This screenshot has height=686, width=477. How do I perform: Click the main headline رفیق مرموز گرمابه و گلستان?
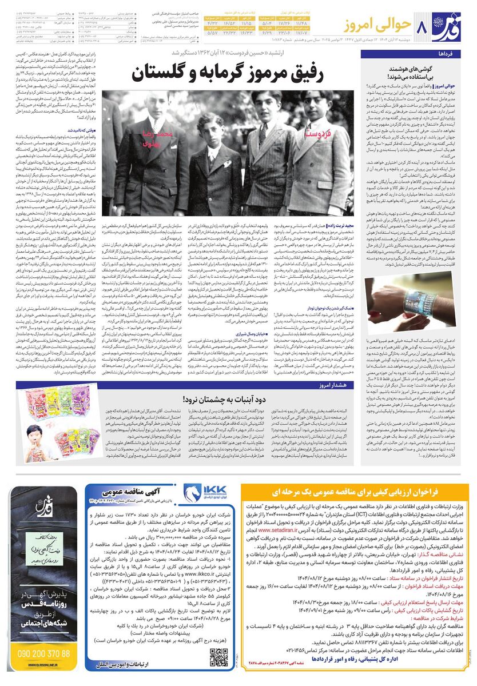pos(237,74)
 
